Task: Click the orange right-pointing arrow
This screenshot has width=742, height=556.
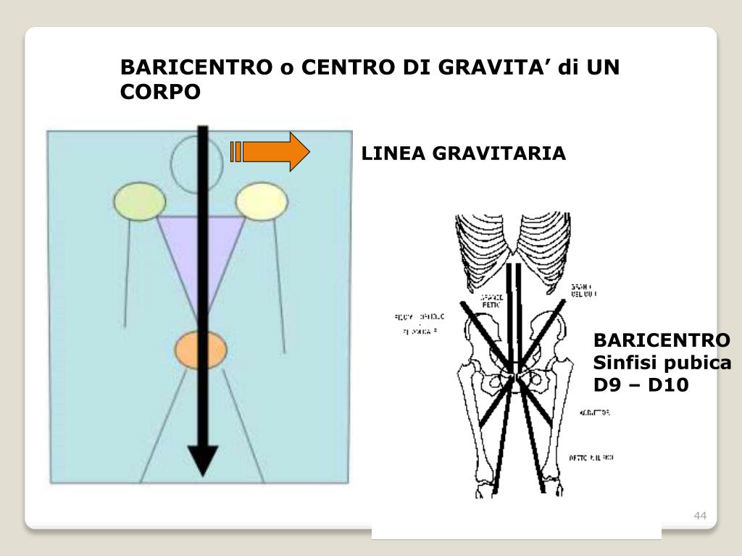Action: click(272, 151)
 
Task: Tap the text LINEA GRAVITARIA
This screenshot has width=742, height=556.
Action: click(464, 153)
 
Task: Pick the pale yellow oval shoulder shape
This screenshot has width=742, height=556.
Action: click(262, 201)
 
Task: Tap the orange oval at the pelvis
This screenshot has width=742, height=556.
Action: click(201, 350)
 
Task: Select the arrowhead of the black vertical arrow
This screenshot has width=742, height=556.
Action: click(203, 459)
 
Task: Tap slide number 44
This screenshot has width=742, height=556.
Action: click(699, 515)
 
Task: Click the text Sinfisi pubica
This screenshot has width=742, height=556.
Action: click(662, 363)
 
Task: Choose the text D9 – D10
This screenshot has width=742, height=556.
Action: click(641, 384)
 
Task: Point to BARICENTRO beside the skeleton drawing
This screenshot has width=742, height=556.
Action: click(662, 340)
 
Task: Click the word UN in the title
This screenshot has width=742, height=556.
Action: click(604, 67)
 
